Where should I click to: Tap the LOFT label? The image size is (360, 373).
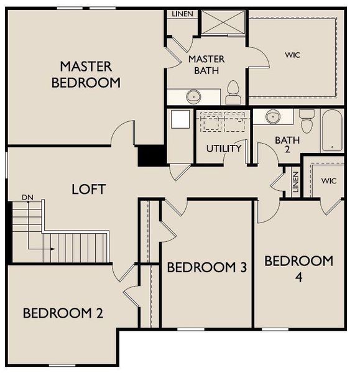point(88,189)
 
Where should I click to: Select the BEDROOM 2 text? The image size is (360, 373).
point(63,313)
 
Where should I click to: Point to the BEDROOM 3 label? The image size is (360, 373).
point(207,267)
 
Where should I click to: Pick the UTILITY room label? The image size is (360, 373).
point(224,149)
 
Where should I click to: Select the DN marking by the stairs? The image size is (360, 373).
point(27,198)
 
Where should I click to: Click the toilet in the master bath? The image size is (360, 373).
point(233,93)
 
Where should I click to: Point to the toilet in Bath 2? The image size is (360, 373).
point(307,118)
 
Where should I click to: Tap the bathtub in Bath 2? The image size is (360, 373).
point(331,131)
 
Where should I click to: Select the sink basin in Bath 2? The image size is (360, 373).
point(273,116)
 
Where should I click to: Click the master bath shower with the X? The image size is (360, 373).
point(222,23)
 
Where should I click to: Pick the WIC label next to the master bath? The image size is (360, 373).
point(293,55)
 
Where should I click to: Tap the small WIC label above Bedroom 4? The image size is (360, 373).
point(329,181)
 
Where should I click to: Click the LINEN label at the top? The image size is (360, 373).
point(182,14)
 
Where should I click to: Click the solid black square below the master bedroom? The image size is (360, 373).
point(150,155)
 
